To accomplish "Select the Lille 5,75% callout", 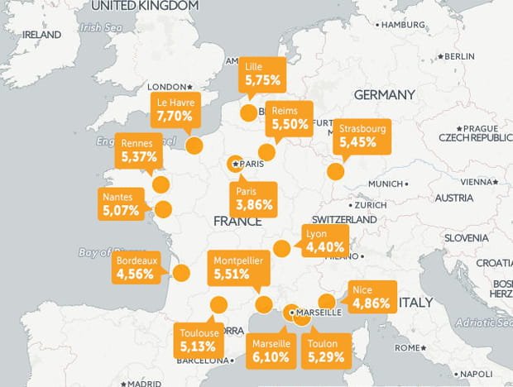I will coord(263,75).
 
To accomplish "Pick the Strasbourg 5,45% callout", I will coord(362,136).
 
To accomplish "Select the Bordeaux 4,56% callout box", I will coord(135,266).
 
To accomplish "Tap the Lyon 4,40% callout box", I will coord(324,240).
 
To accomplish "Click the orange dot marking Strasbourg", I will coord(335,172).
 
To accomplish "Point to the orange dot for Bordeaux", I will coord(183,273).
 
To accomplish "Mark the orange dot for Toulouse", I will coord(219,303).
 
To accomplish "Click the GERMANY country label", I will coord(384,94).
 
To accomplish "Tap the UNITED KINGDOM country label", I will coord(145,6).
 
